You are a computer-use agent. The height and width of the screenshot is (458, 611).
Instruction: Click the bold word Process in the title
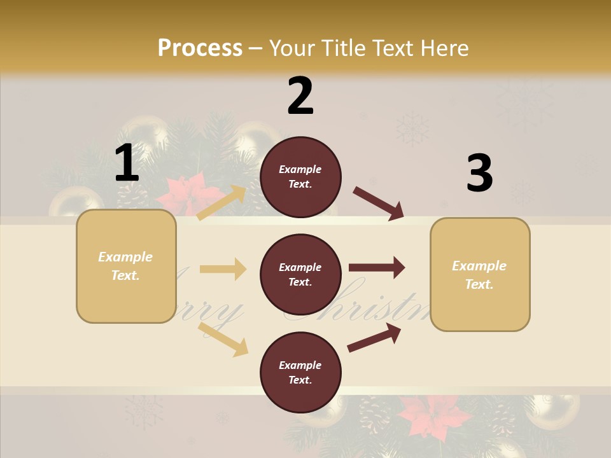[x=200, y=48]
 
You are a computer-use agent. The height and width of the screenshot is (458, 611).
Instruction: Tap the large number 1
[x=127, y=163]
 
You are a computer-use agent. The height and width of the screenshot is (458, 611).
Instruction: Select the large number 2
[x=300, y=96]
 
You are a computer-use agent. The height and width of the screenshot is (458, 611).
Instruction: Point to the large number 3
[x=479, y=173]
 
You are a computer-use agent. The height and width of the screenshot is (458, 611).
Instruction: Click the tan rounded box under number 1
[x=126, y=266]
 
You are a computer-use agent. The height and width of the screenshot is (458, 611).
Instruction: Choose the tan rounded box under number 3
[x=480, y=274]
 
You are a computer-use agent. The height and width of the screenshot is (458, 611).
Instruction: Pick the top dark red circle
[x=300, y=177]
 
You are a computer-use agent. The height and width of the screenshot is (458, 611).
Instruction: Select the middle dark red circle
[x=300, y=274]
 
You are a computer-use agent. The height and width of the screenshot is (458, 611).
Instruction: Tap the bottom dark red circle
[x=300, y=372]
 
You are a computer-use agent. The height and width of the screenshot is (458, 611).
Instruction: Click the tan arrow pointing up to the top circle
[x=222, y=202]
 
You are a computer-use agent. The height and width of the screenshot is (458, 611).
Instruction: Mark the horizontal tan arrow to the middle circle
[x=223, y=269]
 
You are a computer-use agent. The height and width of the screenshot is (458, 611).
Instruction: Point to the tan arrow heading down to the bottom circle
[x=223, y=339]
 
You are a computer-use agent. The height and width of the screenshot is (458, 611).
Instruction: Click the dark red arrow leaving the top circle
[x=379, y=203]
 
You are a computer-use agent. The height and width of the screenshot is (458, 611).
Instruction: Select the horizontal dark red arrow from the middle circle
[x=377, y=268]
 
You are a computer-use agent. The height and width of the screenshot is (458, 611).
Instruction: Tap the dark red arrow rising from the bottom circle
[x=374, y=338]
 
